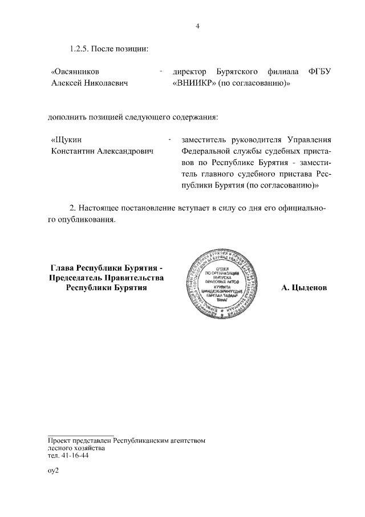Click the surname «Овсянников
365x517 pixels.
(75, 72)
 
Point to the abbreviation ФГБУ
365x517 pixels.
(319, 72)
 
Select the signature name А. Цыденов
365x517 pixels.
(304, 288)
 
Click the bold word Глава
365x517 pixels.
(63, 267)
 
